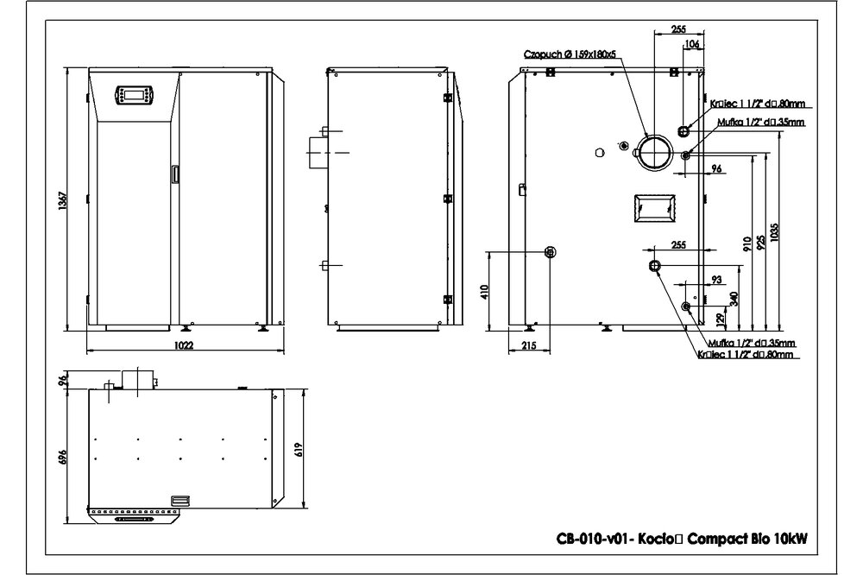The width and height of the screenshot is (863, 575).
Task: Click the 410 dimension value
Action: [484, 290]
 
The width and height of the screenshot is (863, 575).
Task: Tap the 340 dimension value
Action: [734, 298]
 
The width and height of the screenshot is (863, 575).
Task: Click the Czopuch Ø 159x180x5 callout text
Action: [570, 54]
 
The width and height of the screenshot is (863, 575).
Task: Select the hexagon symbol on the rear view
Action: [600, 152]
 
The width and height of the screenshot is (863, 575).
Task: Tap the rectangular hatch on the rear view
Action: [652, 206]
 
